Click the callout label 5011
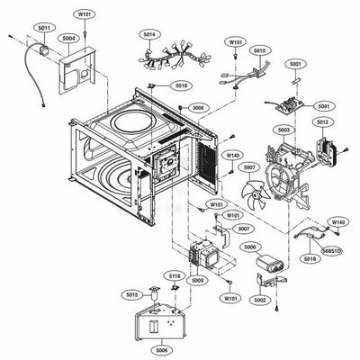(43, 29)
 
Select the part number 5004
(68, 39)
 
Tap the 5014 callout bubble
(149, 33)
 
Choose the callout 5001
(295, 65)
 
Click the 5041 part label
(324, 106)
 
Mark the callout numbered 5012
(321, 121)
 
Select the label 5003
(283, 130)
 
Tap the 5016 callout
(183, 85)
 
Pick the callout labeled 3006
(199, 107)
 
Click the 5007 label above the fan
(249, 166)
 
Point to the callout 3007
(243, 229)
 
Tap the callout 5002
(261, 298)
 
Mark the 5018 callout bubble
(310, 258)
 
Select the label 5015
(132, 294)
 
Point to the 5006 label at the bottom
(163, 348)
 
